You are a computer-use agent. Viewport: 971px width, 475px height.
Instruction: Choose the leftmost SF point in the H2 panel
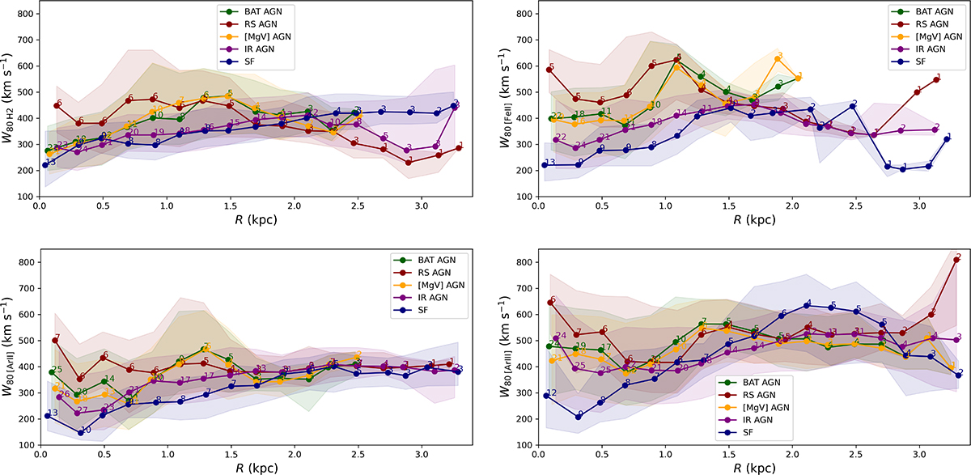tap(45, 165)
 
